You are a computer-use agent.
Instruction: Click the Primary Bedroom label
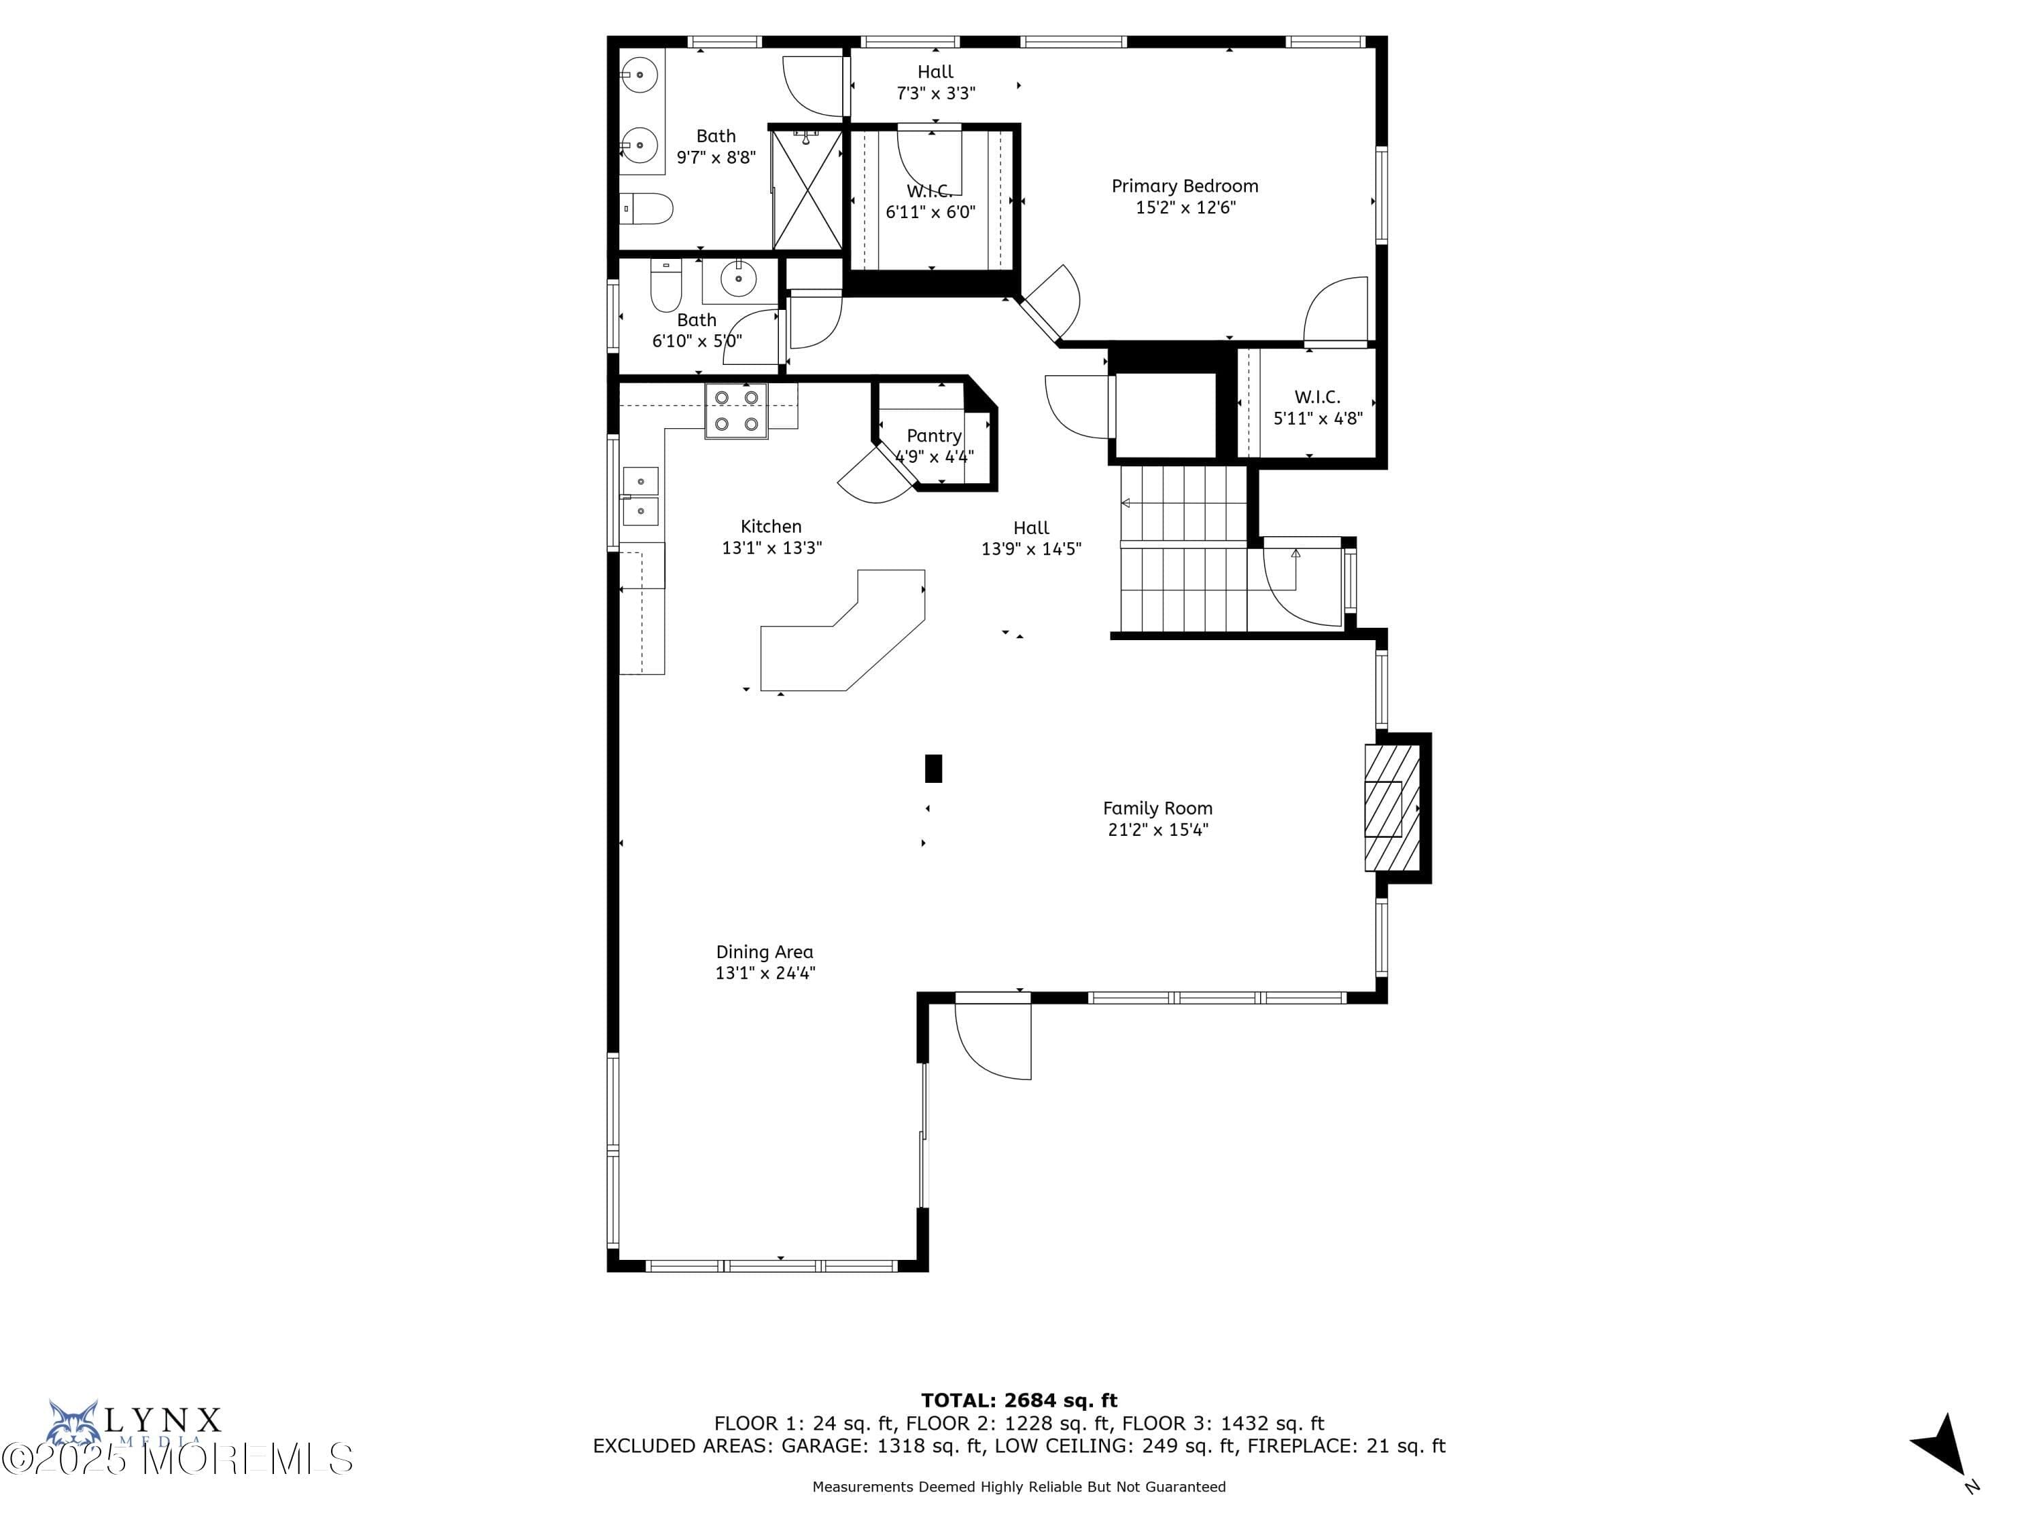[x=1185, y=186]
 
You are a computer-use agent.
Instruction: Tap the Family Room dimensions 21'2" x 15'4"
[x=1157, y=830]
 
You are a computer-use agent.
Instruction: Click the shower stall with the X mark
[x=807, y=190]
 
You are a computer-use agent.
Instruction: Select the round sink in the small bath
[x=738, y=277]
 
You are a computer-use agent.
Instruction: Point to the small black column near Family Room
[x=933, y=769]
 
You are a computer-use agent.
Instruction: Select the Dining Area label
[x=764, y=952]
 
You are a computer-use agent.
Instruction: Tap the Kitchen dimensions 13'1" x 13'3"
[x=771, y=548]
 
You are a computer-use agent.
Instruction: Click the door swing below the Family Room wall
[x=994, y=1042]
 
